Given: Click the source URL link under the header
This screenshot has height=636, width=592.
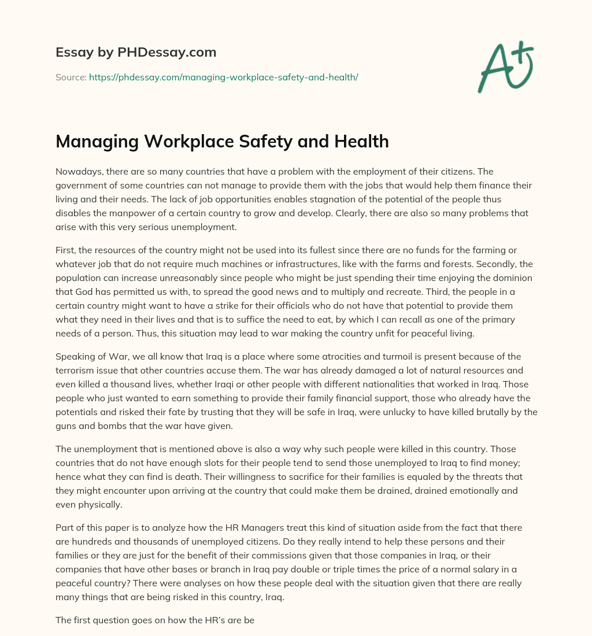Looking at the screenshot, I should click(224, 77).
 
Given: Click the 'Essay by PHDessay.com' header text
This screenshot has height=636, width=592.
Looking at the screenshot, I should click(136, 53).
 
